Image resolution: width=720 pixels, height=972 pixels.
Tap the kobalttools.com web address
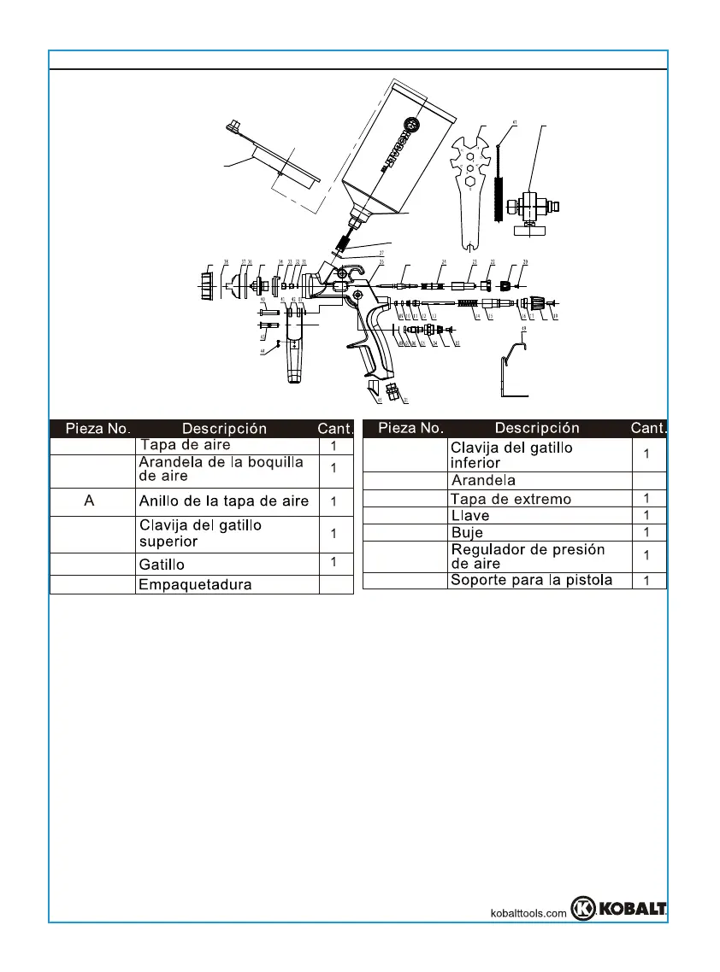(528, 913)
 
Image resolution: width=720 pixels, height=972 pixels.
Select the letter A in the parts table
(89, 501)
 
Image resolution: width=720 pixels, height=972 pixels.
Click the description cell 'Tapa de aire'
(186, 445)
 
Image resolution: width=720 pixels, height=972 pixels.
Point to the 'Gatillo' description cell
(162, 565)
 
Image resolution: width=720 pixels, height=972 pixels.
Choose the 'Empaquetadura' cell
(196, 585)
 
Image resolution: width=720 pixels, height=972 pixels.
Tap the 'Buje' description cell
(467, 532)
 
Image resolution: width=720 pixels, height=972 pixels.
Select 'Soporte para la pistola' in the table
(531, 581)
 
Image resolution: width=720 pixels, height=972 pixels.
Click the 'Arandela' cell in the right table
(483, 481)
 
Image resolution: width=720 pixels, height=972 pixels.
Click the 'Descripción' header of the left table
(224, 429)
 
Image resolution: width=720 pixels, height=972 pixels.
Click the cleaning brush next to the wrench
(501, 184)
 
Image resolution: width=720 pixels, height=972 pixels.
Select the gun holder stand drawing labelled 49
(512, 368)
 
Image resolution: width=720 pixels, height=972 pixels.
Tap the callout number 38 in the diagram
(226, 262)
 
